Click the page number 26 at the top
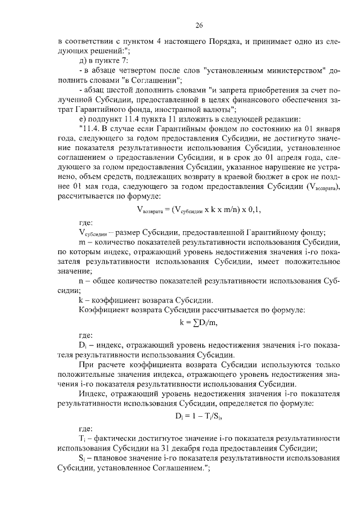[x=199, y=25]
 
